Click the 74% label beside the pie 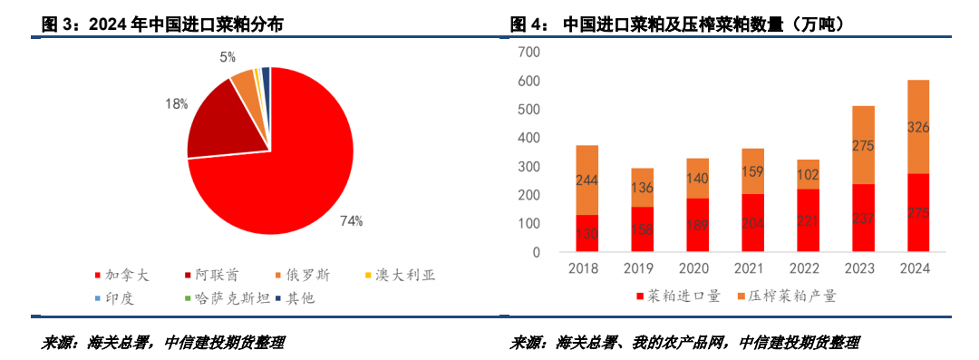click(351, 219)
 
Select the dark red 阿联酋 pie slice click(222, 123)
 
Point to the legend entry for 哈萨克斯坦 click(218, 297)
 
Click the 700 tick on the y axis click(528, 53)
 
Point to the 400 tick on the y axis click(528, 138)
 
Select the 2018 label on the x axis click(586, 268)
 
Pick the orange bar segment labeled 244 click(586, 180)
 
